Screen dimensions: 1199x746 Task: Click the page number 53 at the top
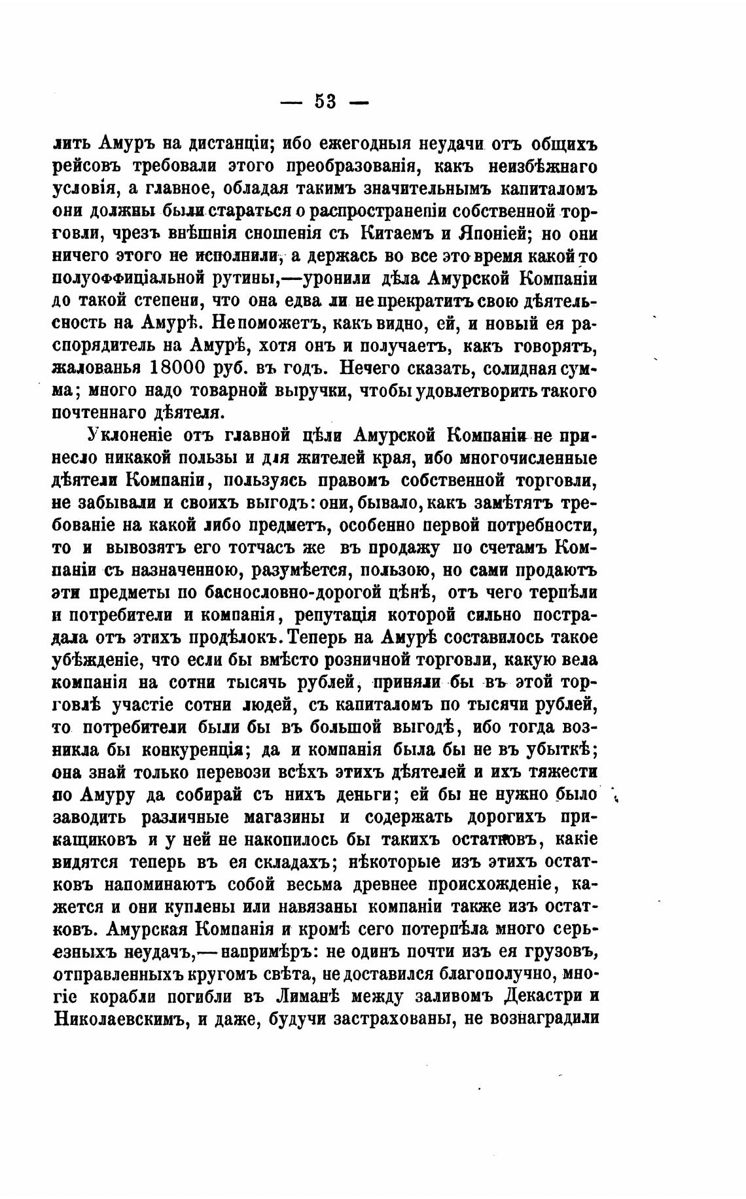[325, 102]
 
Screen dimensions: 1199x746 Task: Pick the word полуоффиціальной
[126, 279]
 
